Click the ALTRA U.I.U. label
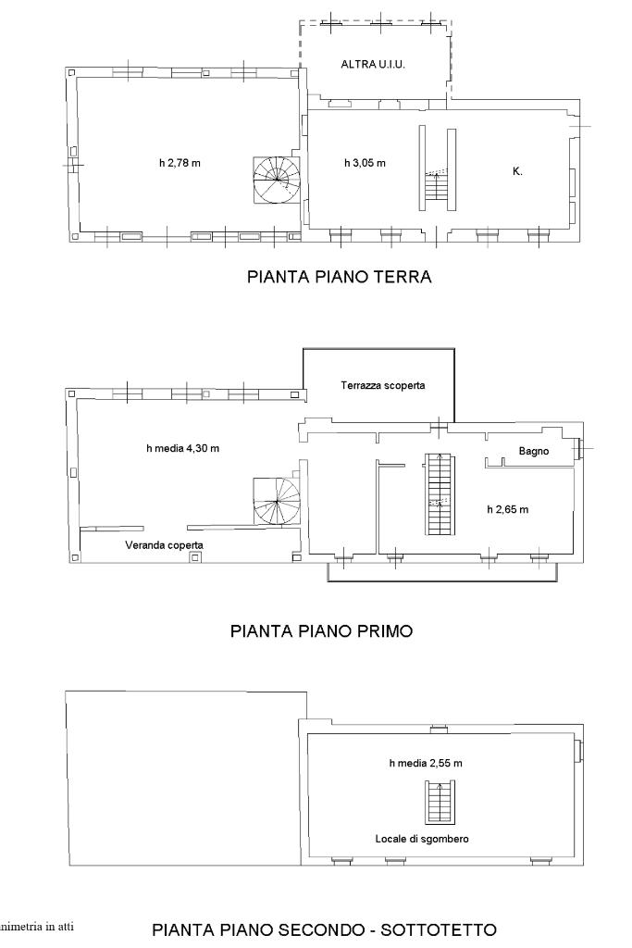(x=373, y=64)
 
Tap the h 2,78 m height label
(x=180, y=163)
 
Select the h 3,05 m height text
(x=365, y=163)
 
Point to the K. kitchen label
(x=517, y=171)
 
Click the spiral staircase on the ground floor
(x=277, y=180)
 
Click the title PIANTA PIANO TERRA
(x=339, y=276)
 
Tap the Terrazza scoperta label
(x=382, y=385)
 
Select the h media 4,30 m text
(x=182, y=448)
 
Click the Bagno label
(x=534, y=451)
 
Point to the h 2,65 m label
(x=507, y=509)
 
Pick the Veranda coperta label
(x=165, y=544)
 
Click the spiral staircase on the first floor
(x=277, y=501)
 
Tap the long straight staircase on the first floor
(x=440, y=494)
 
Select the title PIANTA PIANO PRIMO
(x=321, y=631)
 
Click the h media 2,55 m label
(x=426, y=763)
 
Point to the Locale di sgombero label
(x=422, y=839)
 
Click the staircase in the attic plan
(x=440, y=803)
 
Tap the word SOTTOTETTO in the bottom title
(x=438, y=929)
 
